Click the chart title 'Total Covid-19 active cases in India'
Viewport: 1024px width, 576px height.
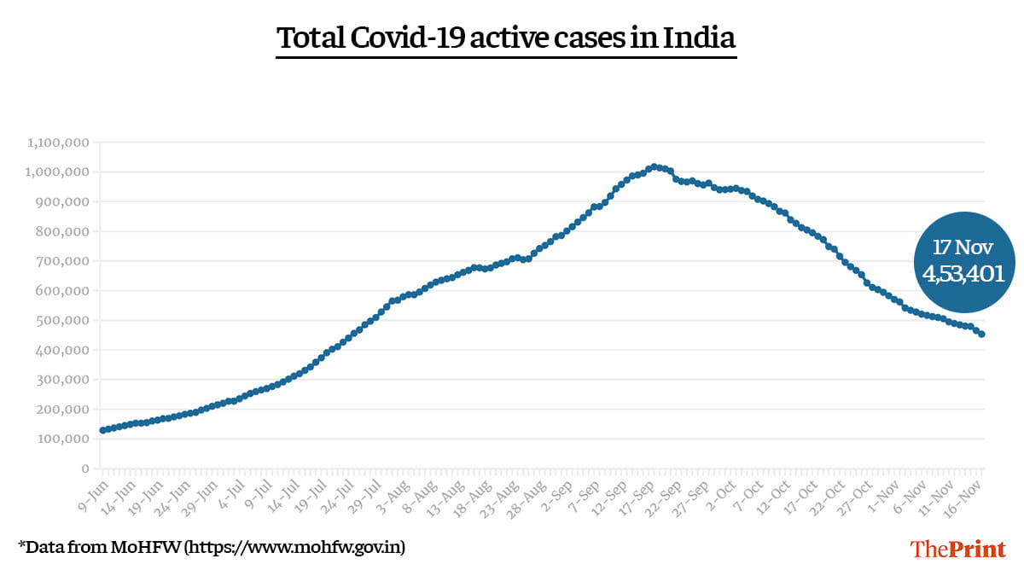click(506, 39)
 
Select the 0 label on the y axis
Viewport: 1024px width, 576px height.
click(84, 468)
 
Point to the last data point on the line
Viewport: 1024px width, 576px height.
click(981, 335)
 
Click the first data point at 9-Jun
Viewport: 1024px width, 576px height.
click(102, 430)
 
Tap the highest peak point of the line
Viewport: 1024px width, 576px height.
click(654, 167)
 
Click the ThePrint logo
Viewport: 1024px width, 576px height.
click(958, 549)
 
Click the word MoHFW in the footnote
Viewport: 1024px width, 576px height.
click(153, 546)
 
